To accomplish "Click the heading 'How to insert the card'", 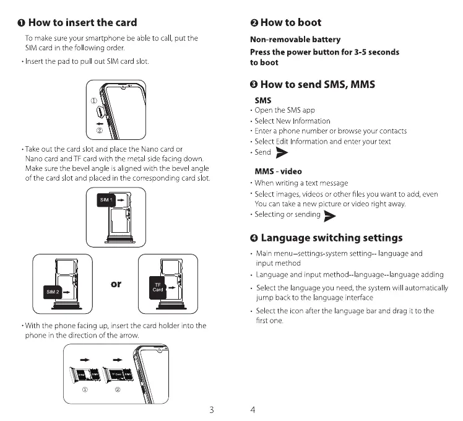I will click(82, 23).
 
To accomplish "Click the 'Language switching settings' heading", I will click(331, 238).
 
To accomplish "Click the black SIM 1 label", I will click(106, 201).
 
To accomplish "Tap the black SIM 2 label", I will click(52, 291).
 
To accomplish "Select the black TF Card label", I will click(158, 286).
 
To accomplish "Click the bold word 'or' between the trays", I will click(116, 284).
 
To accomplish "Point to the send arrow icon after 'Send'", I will click(282, 153).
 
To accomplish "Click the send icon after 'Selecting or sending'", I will click(330, 215).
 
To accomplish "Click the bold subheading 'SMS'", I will click(262, 100).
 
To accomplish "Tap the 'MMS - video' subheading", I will click(279, 171).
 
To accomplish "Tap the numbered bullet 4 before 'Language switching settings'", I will click(254, 238).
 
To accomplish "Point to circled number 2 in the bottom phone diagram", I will click(118, 389).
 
